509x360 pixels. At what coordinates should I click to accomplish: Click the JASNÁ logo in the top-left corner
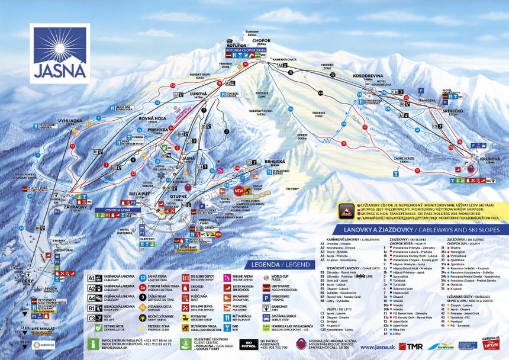[x=59, y=53]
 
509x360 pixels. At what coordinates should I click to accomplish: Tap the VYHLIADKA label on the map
[x=69, y=121]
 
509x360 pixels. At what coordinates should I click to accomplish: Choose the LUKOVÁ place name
[x=198, y=94]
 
